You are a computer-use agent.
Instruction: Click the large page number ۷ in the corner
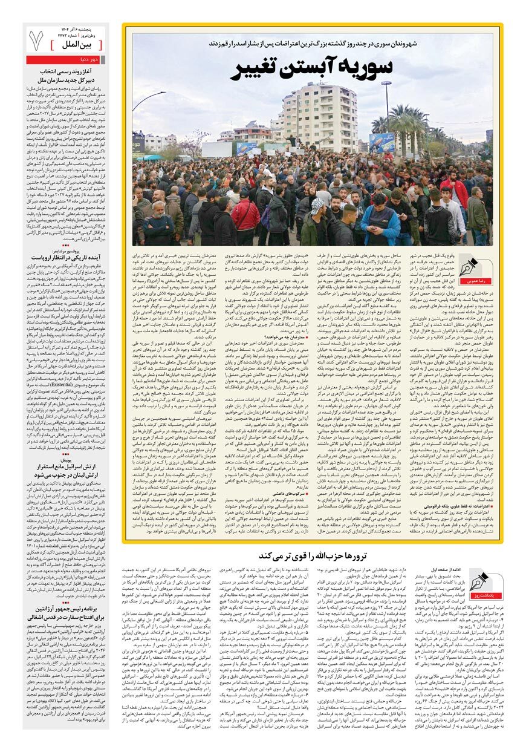pyautogui.click(x=37, y=40)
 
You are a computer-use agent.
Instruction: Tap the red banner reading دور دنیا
pyautogui.click(x=67, y=60)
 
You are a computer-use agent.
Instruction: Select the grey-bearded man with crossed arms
pyautogui.click(x=158, y=227)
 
